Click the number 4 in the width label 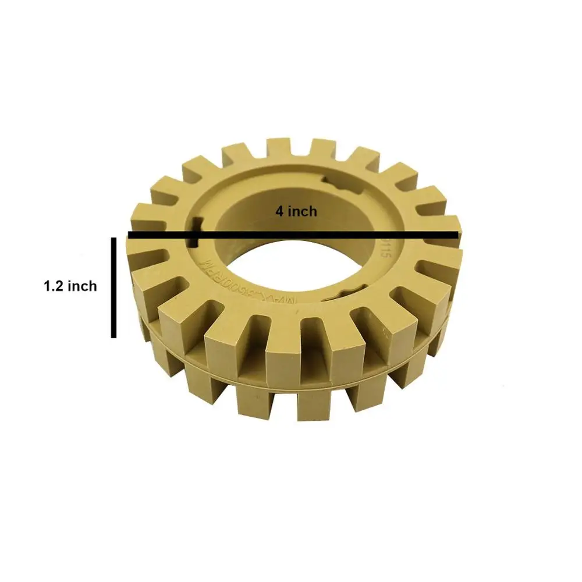pos(279,211)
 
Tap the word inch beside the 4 pos(302,211)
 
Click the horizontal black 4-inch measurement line pos(349,235)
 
